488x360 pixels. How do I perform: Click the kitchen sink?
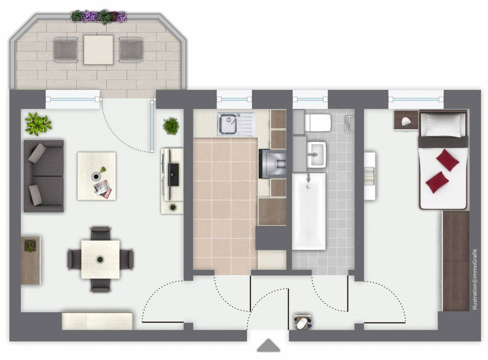(x=236, y=124)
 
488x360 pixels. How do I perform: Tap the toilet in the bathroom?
(x=318, y=123)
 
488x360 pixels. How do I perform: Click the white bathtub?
(x=309, y=211)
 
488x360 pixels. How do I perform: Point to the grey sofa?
(x=44, y=176)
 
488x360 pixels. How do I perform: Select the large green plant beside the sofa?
(x=38, y=124)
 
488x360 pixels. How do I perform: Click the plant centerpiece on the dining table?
(x=100, y=259)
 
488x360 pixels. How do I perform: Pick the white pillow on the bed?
(x=443, y=125)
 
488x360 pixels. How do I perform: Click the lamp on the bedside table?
(x=406, y=121)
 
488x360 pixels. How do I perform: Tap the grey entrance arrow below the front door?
(x=268, y=345)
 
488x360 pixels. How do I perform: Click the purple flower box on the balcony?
(x=99, y=17)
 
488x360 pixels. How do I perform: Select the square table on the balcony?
(x=98, y=50)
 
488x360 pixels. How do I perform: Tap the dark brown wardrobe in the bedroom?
(x=455, y=261)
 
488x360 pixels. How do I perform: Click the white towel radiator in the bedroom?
(x=369, y=176)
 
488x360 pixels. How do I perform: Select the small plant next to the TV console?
(x=171, y=126)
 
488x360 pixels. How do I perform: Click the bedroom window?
(x=416, y=100)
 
